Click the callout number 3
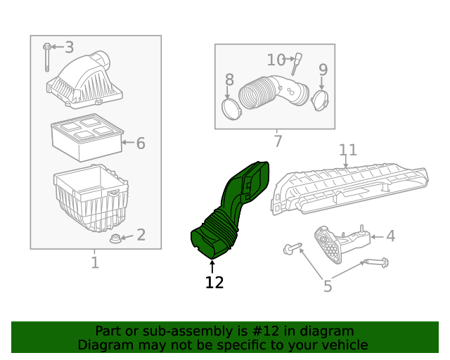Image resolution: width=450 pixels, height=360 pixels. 69,47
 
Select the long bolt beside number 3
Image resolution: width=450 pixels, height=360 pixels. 46,56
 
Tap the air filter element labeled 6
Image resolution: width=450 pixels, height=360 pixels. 86,136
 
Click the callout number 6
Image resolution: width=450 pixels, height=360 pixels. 141,143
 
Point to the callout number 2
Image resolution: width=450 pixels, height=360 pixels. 141,235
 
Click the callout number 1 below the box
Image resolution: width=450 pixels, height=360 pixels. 95,263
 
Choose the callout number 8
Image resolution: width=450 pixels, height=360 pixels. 229,79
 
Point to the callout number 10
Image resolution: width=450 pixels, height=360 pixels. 276,60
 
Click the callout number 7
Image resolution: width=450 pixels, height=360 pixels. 277,142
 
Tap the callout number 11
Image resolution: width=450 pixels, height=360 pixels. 348,150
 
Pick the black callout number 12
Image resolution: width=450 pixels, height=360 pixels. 214,283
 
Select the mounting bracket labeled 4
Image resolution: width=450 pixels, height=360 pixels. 341,243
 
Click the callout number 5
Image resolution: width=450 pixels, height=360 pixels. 327,285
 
